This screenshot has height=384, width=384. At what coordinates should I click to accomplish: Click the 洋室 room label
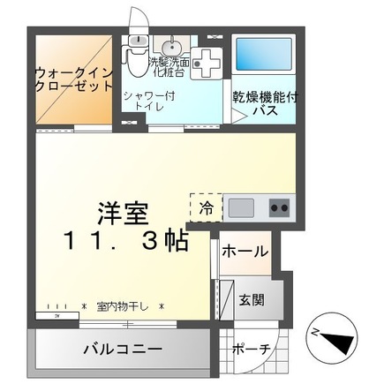tap(123, 214)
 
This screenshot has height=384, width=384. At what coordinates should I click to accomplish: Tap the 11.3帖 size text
tap(125, 240)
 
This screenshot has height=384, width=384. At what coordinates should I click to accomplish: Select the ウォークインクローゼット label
tap(74, 79)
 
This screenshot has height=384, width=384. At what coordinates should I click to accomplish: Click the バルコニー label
tap(123, 350)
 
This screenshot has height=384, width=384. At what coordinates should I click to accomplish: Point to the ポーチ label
tap(251, 350)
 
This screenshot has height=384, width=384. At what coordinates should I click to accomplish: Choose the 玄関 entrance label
tap(252, 300)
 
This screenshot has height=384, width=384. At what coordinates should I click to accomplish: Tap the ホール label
tap(245, 252)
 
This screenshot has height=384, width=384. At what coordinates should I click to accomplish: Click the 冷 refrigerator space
tap(206, 208)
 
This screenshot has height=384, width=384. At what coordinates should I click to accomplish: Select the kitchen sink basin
tap(241, 208)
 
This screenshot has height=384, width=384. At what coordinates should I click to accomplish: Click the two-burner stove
tap(279, 208)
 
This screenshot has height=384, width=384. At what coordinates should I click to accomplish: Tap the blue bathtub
tap(264, 55)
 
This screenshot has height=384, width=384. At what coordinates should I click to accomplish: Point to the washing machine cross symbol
tap(207, 64)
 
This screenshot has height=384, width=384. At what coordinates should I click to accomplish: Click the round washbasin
tap(169, 46)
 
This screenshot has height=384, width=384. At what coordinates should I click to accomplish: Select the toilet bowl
tap(136, 61)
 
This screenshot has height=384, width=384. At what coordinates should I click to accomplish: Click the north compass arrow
tap(336, 341)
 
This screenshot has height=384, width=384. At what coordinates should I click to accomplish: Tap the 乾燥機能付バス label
tap(266, 104)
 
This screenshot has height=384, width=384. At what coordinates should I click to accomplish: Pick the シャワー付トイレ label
tap(149, 101)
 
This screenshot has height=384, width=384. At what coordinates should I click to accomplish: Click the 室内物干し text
tap(123, 307)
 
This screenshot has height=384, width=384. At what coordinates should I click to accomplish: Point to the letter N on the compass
tap(315, 333)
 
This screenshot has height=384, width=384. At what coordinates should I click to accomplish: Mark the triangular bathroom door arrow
tap(239, 116)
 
